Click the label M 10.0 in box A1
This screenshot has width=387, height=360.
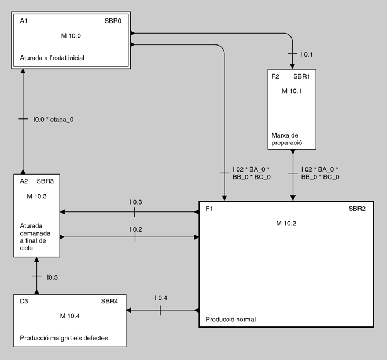pyautogui.click(x=71, y=36)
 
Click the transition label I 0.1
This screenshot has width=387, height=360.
pyautogui.click(x=306, y=54)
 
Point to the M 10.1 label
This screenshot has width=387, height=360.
pyautogui.click(x=292, y=91)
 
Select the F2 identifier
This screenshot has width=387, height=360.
pyautogui.click(x=275, y=76)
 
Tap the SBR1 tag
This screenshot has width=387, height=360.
pyautogui.click(x=301, y=76)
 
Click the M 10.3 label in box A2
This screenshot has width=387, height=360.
pyautogui.click(x=37, y=196)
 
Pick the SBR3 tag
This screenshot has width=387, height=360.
pyautogui.click(x=45, y=181)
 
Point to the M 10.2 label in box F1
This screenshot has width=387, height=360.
pyautogui.click(x=286, y=223)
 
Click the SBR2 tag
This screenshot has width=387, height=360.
pyautogui.click(x=357, y=208)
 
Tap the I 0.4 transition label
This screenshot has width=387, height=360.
pyautogui.click(x=161, y=298)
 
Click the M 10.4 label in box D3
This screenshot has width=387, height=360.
pyautogui.click(x=70, y=316)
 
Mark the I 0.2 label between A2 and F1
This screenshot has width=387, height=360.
pyautogui.click(x=136, y=229)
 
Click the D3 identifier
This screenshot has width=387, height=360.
pyautogui.click(x=24, y=300)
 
